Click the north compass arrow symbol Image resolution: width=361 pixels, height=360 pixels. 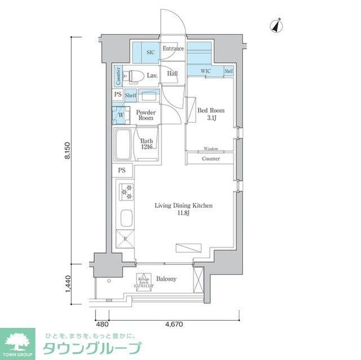point(276,25)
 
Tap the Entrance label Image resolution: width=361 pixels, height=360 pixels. point(173,49)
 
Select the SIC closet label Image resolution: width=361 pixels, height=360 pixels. point(150,52)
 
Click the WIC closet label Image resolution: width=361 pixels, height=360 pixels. point(206,72)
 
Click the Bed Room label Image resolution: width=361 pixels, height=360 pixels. point(210,114)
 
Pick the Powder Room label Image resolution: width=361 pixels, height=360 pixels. point(146,115)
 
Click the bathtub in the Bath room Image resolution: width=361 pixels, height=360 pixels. point(124,144)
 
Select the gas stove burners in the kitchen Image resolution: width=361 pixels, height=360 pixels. point(125,192)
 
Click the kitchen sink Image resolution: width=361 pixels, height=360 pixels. point(125,217)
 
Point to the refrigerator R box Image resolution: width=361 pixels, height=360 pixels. point(125,239)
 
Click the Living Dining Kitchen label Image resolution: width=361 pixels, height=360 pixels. point(183,210)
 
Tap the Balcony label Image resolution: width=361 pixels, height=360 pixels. point(166,279)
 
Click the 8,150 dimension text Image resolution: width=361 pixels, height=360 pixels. point(67,152)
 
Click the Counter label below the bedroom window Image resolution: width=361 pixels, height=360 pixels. point(210,159)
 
